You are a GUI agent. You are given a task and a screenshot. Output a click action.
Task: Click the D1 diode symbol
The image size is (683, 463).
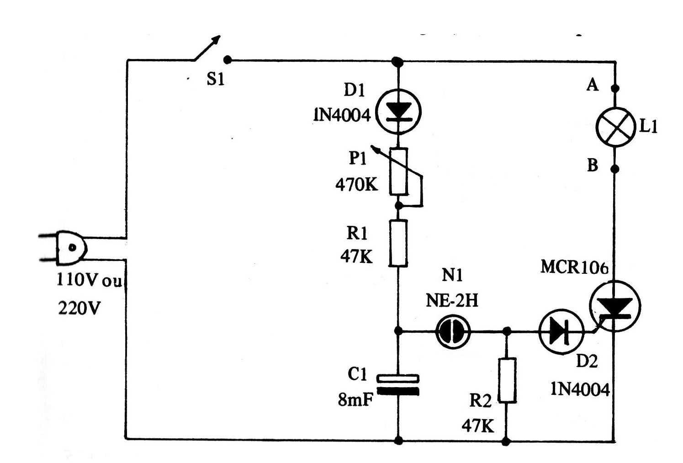pos(398,112)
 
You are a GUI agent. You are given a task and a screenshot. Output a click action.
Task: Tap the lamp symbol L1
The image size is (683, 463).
pos(616,127)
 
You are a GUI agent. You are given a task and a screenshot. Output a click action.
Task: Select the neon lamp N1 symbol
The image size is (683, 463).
pos(453,331)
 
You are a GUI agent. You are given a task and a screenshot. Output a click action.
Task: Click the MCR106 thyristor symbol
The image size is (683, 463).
pos(615,306)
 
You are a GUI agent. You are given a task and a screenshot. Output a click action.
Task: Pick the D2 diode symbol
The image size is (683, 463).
pos(561,331)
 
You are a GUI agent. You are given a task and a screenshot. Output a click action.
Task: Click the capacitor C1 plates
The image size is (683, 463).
pos(398,385)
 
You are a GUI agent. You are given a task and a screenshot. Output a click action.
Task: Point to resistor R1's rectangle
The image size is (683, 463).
pos(398,243)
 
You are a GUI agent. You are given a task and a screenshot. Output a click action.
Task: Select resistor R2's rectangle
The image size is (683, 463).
pos(507,381)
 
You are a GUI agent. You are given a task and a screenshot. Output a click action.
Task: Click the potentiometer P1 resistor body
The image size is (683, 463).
pos(398,171)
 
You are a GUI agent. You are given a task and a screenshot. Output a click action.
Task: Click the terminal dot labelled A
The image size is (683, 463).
pos(616,89)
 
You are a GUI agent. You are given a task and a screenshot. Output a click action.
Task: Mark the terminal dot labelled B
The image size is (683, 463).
pos(615,169)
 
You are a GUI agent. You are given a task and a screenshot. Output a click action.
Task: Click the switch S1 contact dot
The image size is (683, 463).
pos(227,60)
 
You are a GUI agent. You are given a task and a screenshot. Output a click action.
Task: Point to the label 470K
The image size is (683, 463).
pos(357,185)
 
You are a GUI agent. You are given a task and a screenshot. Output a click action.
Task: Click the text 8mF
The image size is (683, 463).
pos(355,399)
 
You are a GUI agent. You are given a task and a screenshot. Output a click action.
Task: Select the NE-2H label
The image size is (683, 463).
pos(452,300)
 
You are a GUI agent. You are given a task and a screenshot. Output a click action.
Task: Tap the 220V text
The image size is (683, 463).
pos(79,308)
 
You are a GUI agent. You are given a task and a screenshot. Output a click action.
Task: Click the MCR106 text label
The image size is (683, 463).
pos(574,267)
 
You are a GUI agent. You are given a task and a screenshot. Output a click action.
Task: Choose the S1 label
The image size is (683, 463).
pos(216,79)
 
